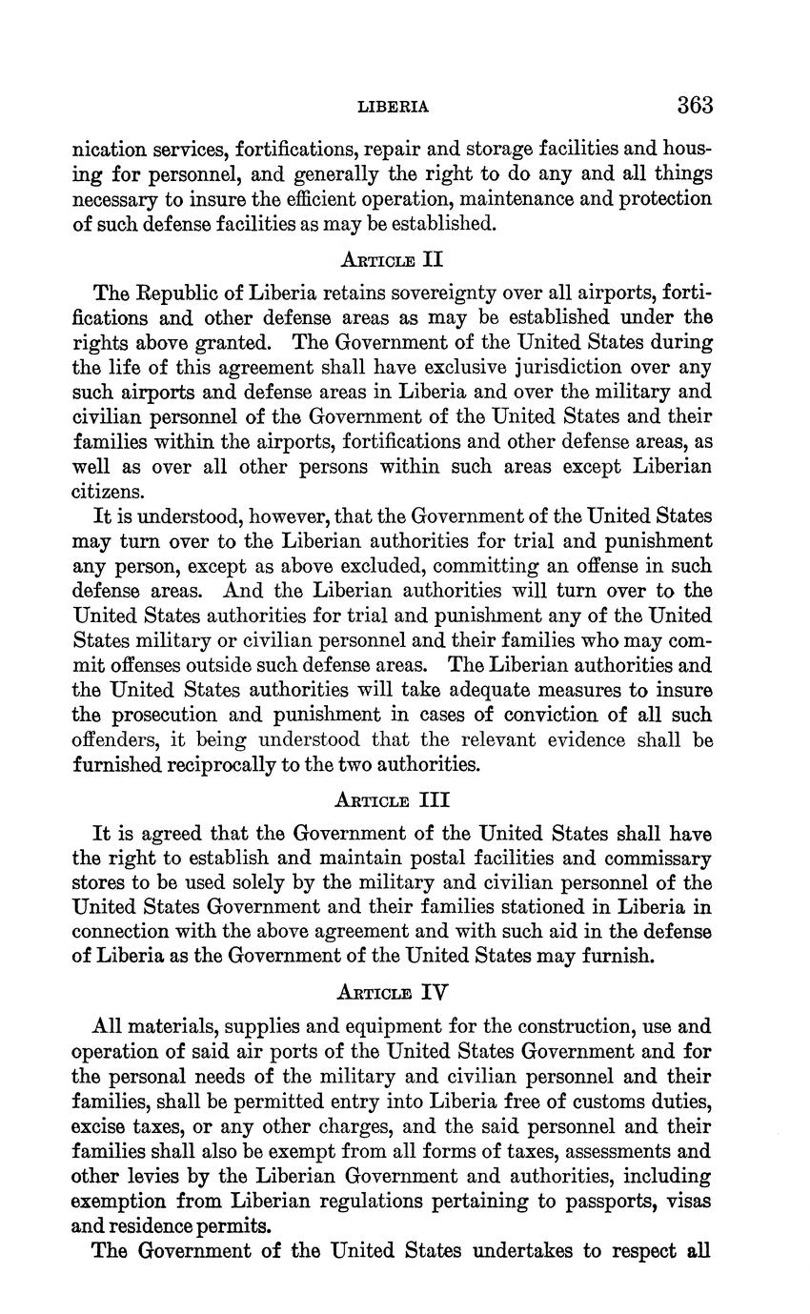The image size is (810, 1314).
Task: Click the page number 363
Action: (x=695, y=105)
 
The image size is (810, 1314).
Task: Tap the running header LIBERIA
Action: (x=393, y=107)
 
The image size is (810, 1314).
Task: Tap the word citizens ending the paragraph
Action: (x=109, y=492)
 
